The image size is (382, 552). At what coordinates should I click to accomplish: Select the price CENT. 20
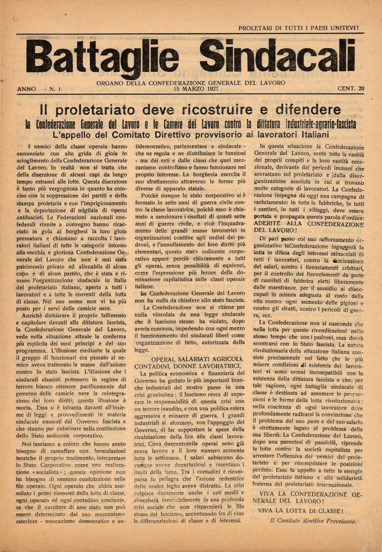[x=351, y=89]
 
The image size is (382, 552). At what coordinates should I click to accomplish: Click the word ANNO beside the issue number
[x=27, y=89]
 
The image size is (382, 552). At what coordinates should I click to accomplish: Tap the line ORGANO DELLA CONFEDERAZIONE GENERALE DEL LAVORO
[x=191, y=83]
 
